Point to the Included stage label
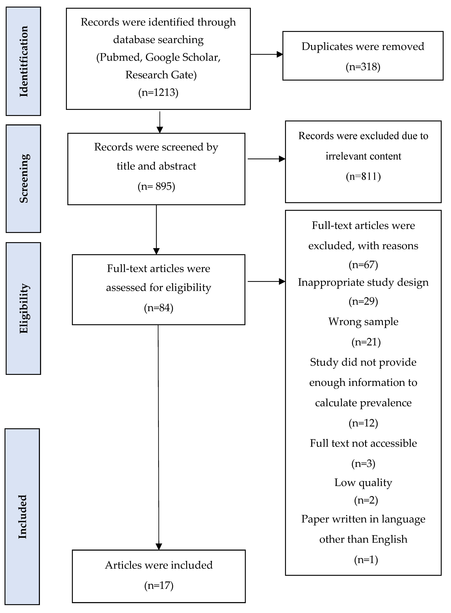point(22,516)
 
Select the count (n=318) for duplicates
point(363,67)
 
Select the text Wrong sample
point(363,322)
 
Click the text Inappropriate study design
point(363,282)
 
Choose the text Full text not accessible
point(363,443)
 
